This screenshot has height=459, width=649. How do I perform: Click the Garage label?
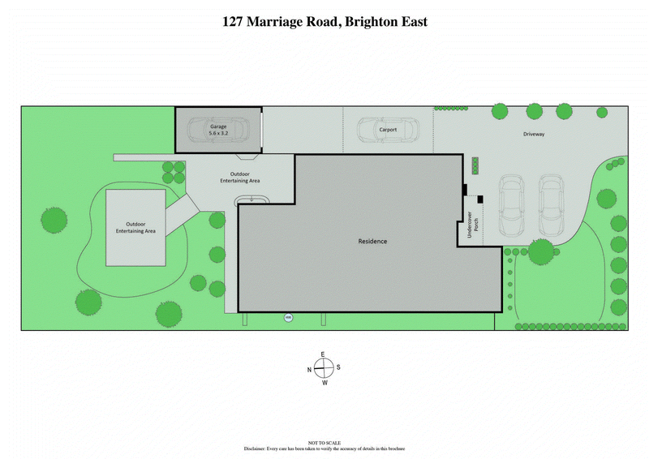click(x=219, y=127)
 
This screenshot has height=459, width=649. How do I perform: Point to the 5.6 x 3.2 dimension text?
click(x=219, y=133)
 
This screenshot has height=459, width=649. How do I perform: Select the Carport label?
click(x=388, y=128)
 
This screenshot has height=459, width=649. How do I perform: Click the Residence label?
click(x=372, y=242)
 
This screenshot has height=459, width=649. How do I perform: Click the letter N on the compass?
click(x=309, y=369)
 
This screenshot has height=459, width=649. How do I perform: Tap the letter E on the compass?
click(x=323, y=355)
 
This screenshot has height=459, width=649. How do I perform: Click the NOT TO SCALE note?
click(x=324, y=443)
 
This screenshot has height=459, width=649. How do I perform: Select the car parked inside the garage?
click(x=208, y=130)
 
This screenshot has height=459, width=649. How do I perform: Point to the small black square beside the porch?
click(x=479, y=199)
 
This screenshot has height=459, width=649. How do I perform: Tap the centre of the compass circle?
click(x=324, y=368)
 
